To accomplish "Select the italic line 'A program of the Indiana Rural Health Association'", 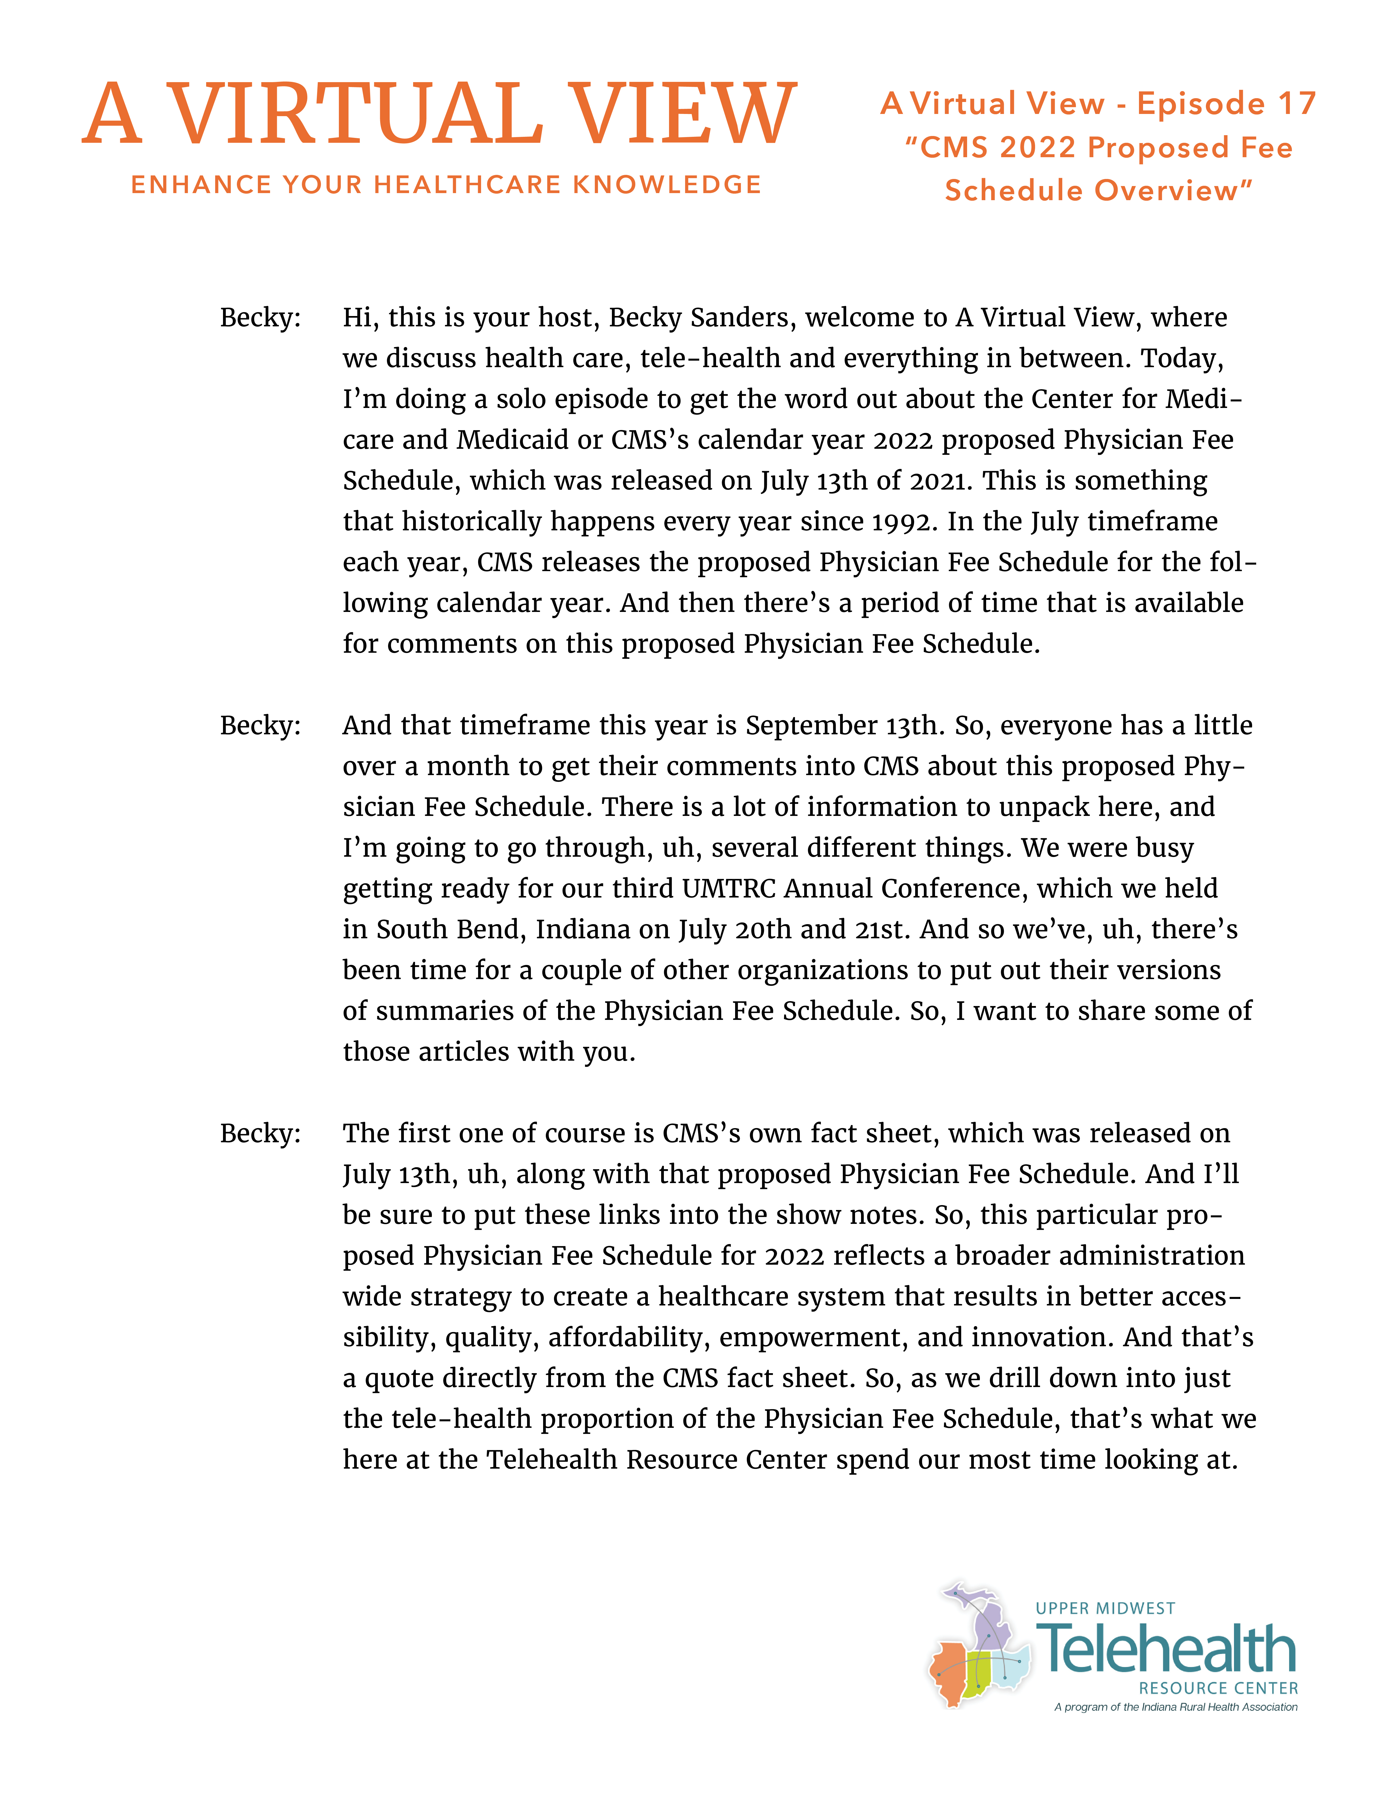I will pos(1175,1707).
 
